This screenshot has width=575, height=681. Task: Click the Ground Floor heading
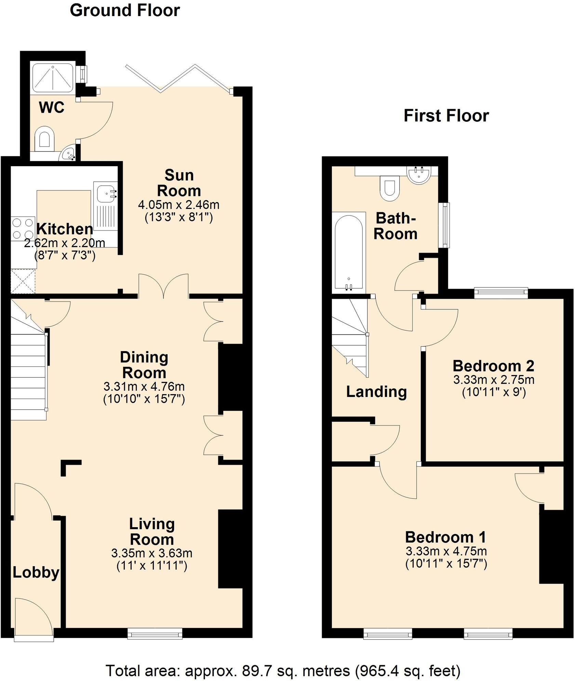click(125, 10)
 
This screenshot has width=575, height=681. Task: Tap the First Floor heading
click(446, 116)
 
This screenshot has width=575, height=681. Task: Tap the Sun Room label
click(179, 183)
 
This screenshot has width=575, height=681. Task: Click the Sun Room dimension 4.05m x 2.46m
click(178, 205)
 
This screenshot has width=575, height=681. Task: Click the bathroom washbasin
click(419, 174)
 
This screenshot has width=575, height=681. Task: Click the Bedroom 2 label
click(493, 366)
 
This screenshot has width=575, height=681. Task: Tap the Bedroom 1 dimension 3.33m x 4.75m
click(446, 551)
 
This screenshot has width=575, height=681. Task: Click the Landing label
click(376, 392)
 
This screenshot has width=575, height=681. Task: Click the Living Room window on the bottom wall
click(155, 635)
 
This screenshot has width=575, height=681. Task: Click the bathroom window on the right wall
click(445, 225)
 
